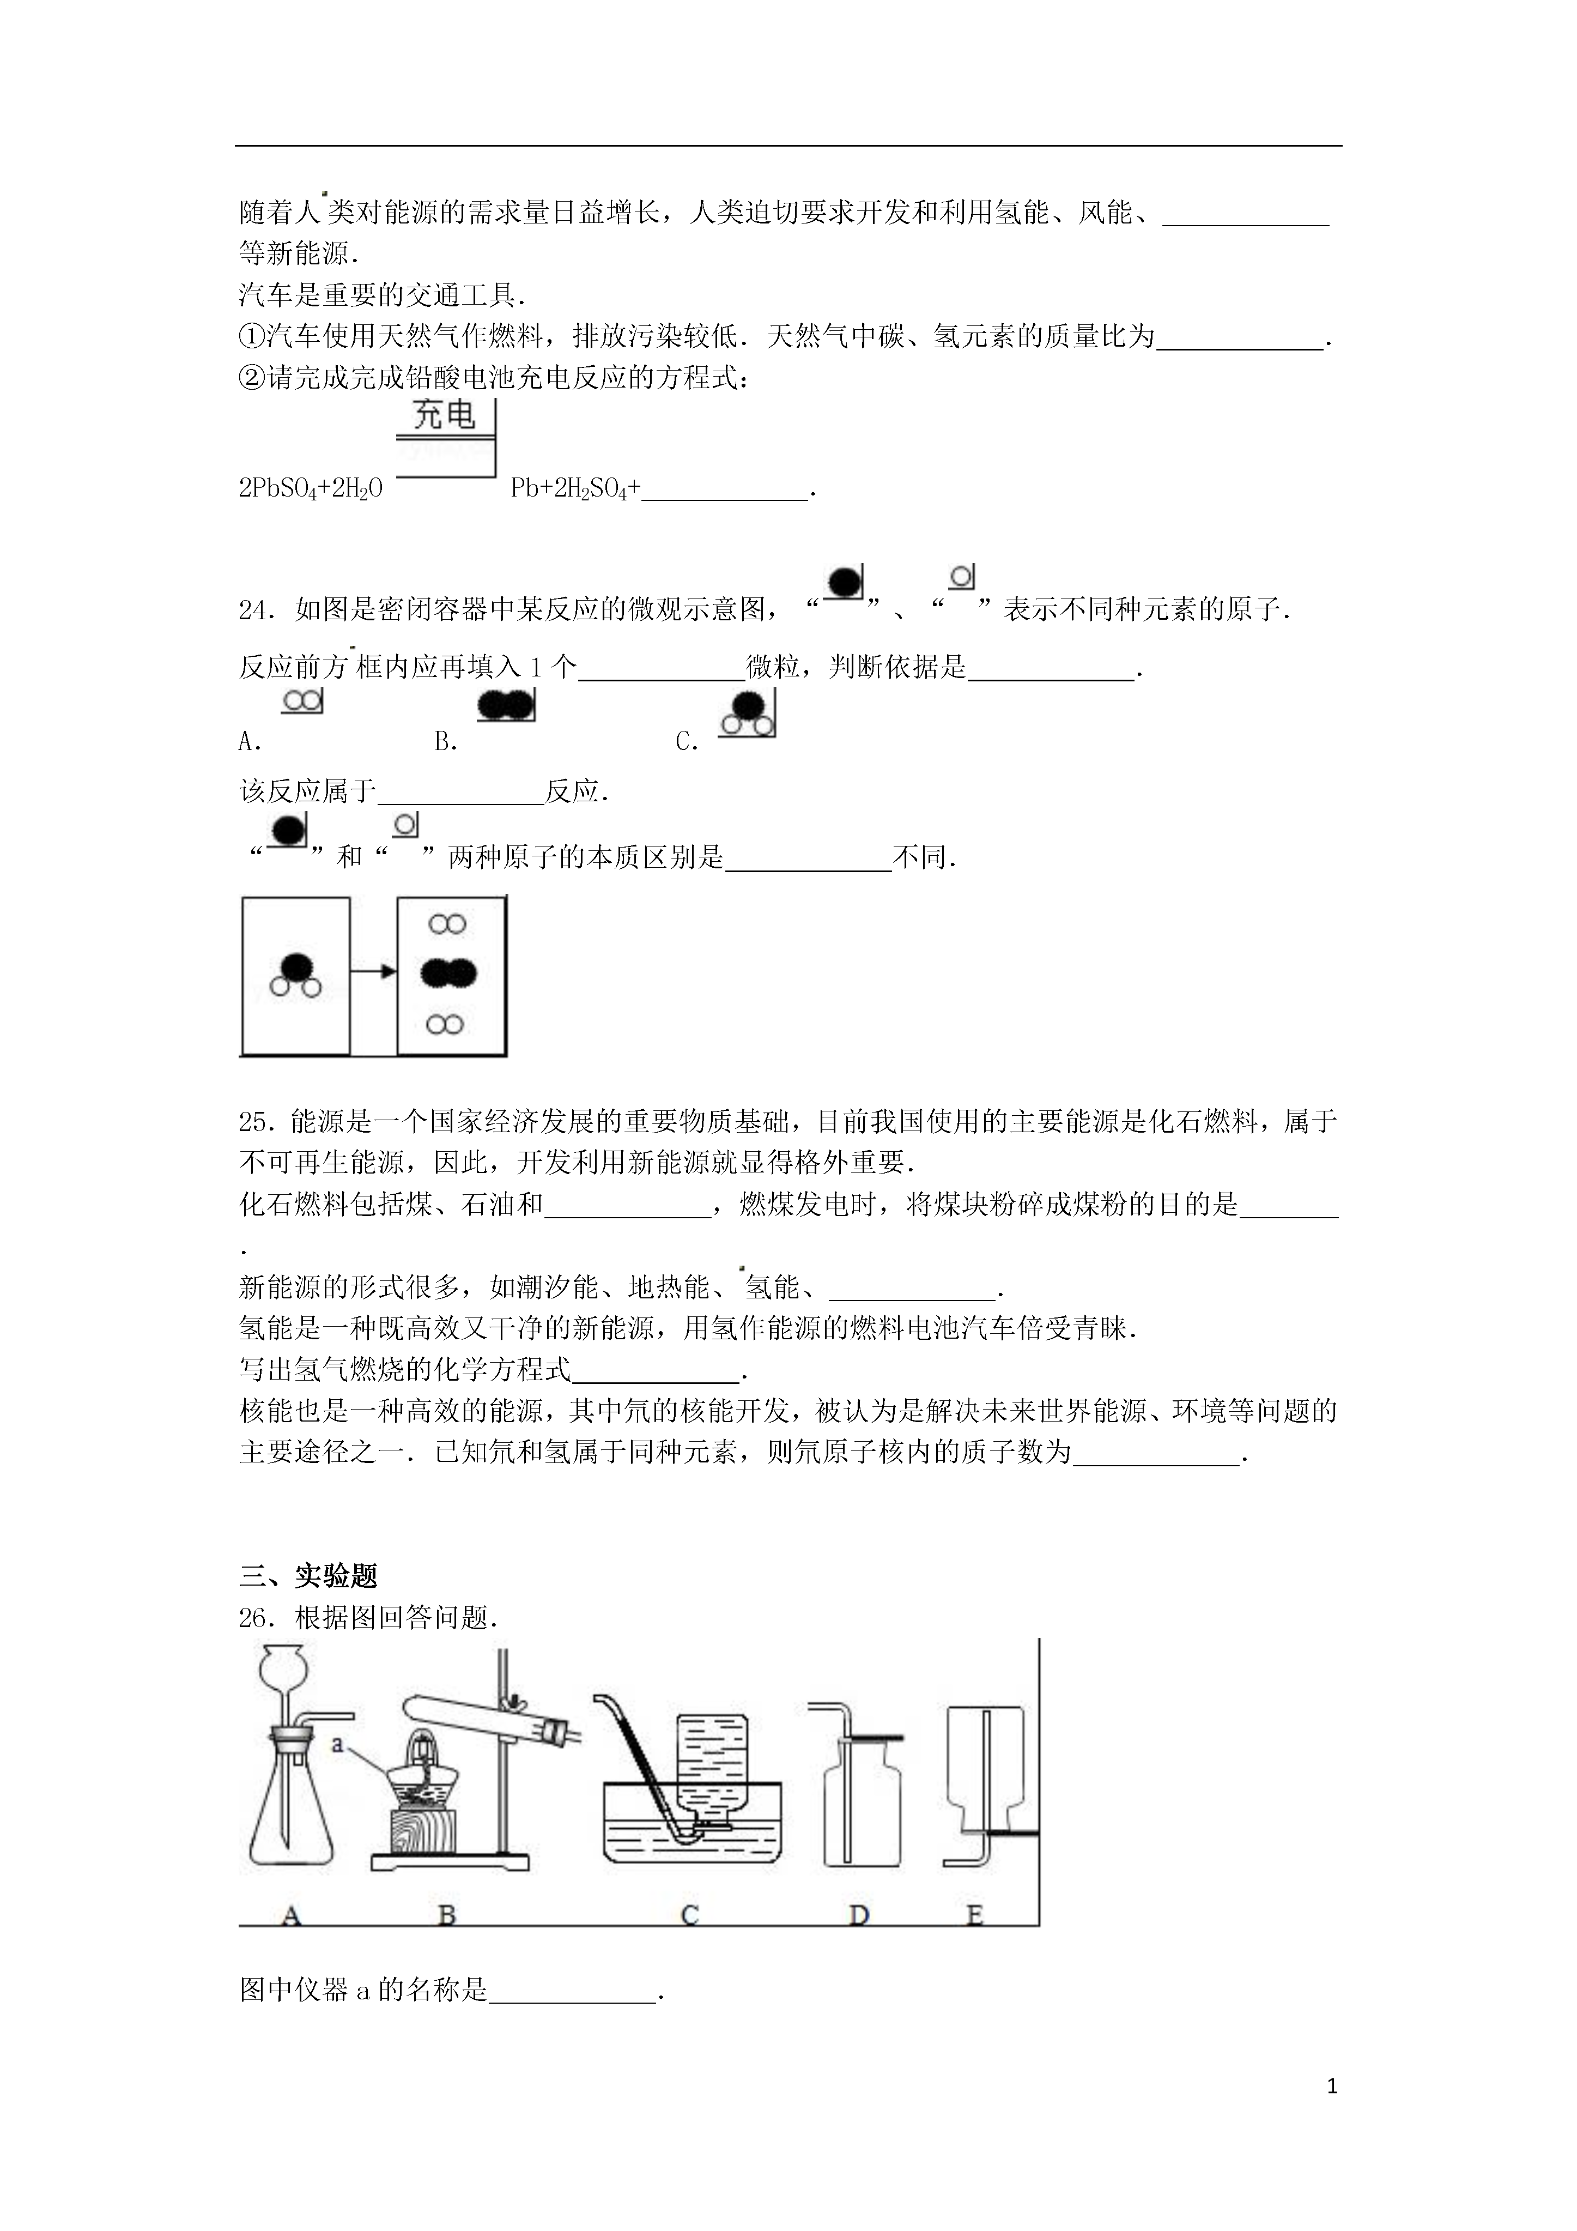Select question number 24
pos(258,610)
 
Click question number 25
pos(258,1122)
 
